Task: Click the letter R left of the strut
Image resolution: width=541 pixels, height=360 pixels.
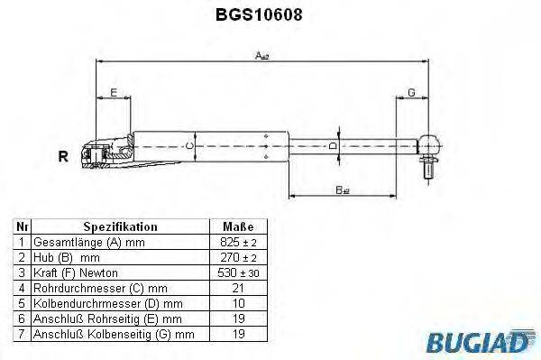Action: pos(63,156)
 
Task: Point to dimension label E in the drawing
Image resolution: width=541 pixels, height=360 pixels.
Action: pos(113,92)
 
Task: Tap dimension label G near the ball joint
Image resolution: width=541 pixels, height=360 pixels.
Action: pos(410,92)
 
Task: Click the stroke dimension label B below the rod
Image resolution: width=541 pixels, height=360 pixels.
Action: pos(342,189)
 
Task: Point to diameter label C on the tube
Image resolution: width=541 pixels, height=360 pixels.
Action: pos(189,145)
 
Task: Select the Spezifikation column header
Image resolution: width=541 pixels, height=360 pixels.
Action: pos(120,226)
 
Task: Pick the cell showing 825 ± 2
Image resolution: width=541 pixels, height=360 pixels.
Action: pos(237,243)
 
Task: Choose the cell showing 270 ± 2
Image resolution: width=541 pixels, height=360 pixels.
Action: pos(237,257)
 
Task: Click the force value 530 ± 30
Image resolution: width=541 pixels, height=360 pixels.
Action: pos(237,272)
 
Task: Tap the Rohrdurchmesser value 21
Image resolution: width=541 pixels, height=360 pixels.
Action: pos(237,288)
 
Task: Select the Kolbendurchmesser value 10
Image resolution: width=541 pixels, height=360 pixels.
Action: pos(237,303)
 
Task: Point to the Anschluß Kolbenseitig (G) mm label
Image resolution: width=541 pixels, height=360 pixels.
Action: pos(114,334)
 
